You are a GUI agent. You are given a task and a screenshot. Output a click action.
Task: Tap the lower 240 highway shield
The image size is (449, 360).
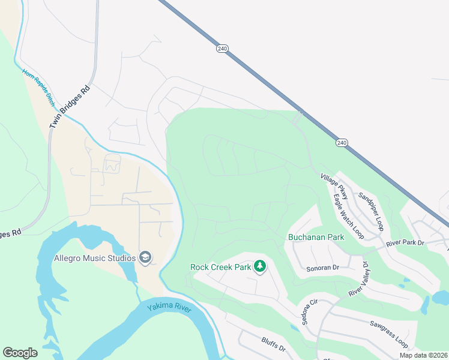pyautogui.click(x=341, y=143)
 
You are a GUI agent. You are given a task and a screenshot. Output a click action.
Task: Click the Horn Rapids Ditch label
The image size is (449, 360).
pyautogui.click(x=39, y=88)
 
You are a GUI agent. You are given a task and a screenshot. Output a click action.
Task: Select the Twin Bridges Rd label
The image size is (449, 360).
pyautogui.click(x=70, y=106)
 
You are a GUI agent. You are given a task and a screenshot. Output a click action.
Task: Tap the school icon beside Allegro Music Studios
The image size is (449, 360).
pyautogui.click(x=145, y=257)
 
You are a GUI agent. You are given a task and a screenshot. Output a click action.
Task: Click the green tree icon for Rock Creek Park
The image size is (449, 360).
pyautogui.click(x=259, y=265)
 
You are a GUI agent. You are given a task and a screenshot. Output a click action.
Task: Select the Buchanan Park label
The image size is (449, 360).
pyautogui.click(x=316, y=237)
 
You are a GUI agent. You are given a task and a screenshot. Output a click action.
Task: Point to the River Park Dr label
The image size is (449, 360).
pyautogui.click(x=405, y=243)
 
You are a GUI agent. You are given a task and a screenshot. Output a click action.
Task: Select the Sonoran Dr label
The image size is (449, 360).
pyautogui.click(x=323, y=268)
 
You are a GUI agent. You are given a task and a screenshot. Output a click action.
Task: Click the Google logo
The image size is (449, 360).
pyautogui.click(x=20, y=353)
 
